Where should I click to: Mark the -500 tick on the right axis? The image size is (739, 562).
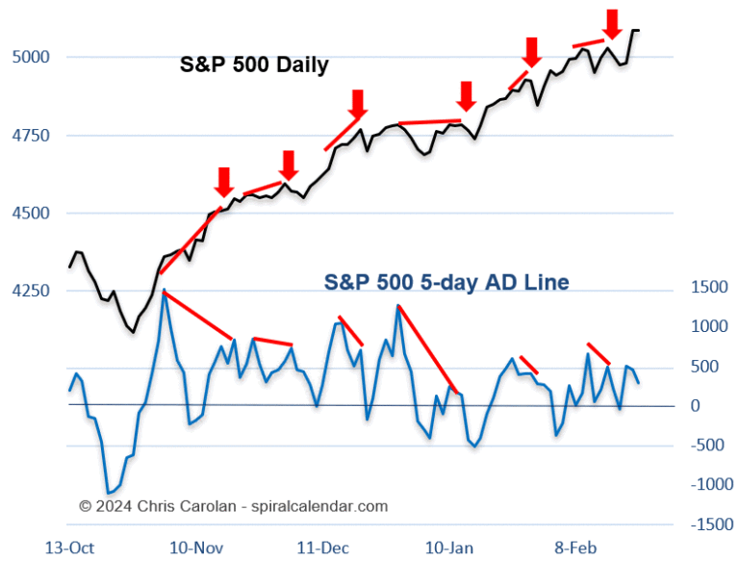point(708,445)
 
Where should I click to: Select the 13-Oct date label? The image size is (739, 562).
point(70,547)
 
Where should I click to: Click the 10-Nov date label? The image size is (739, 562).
point(198,547)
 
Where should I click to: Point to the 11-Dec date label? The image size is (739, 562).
point(324,547)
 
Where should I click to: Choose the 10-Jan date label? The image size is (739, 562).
point(450,547)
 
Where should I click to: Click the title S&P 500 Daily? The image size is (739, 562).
point(254,65)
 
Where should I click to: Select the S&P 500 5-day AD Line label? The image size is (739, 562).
point(446,282)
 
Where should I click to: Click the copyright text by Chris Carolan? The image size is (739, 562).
point(234,505)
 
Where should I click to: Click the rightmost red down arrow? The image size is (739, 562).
point(611,23)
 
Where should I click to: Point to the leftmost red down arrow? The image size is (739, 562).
point(223,181)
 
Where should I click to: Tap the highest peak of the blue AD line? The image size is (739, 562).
point(165,289)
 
